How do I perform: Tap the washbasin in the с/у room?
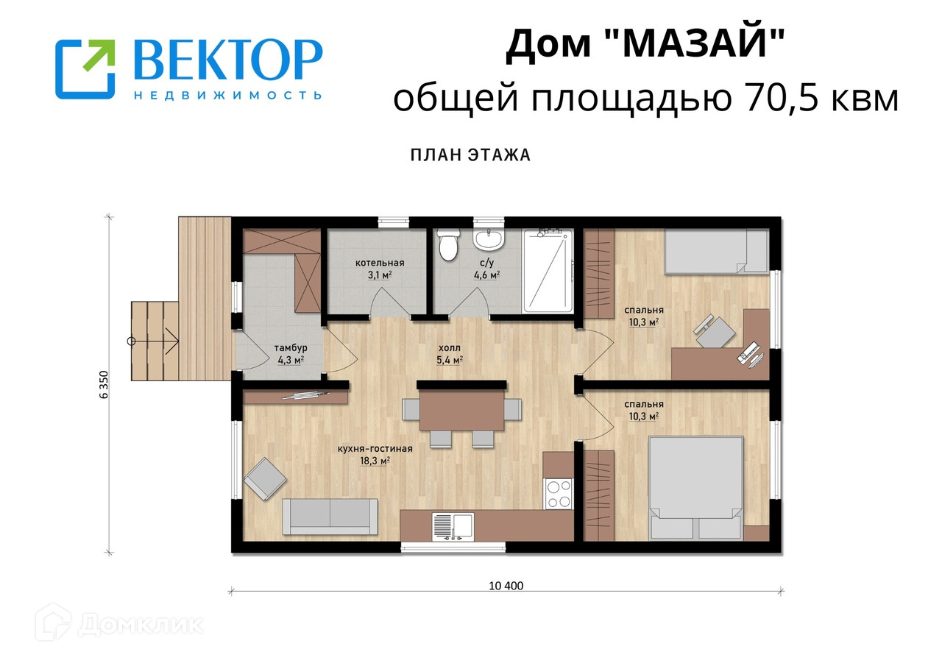point(488,239)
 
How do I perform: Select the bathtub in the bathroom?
point(548,271)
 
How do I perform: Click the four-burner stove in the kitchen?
point(559,495)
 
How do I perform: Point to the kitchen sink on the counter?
point(453,527)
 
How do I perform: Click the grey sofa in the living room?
point(330,517)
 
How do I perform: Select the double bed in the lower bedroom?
point(696,488)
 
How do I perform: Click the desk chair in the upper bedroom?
point(714,332)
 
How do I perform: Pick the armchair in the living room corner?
point(265,478)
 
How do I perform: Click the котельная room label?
point(380,263)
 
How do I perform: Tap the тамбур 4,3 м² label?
point(291,354)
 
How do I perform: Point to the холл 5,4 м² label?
point(450,354)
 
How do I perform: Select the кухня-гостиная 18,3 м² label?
point(375,455)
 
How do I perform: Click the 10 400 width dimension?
point(506,586)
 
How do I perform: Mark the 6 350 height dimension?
point(104,385)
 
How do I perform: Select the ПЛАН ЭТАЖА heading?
point(470,155)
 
